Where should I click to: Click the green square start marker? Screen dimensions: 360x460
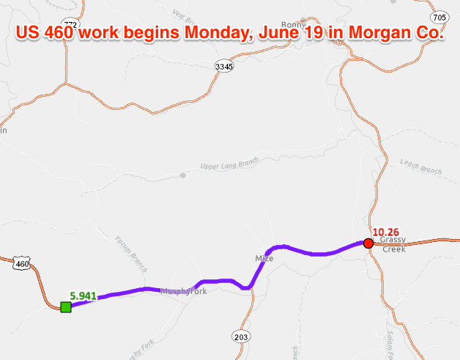coord(66,306)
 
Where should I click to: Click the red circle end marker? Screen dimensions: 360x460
coord(368,243)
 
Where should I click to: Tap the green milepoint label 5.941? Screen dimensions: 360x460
coord(83,295)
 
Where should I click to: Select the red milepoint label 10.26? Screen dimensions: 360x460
coord(385,233)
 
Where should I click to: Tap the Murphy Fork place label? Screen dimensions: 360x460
coord(184,292)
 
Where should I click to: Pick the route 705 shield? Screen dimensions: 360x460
coord(439,17)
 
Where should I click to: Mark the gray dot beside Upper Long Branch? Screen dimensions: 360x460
coord(182,175)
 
